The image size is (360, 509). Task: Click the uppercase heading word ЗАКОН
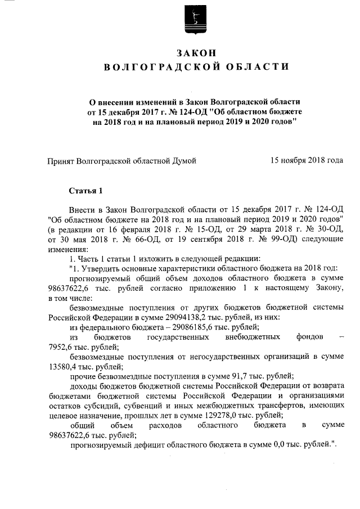181,52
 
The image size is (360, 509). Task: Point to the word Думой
184,161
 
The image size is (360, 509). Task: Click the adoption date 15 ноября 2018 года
307,160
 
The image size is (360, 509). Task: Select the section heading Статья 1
86,190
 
